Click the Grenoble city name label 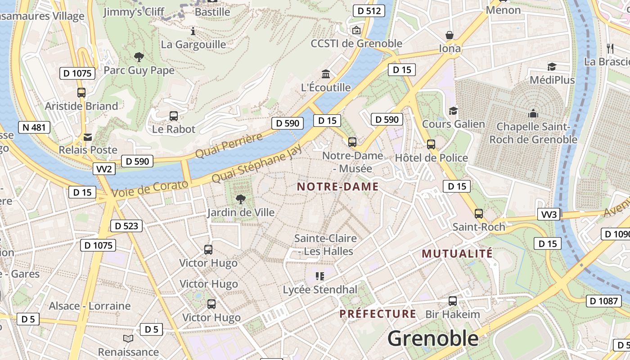click(433, 338)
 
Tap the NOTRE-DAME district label click(337, 187)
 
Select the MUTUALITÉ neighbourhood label click(457, 254)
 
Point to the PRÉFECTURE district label click(378, 314)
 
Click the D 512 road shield click(369, 11)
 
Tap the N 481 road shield click(34, 127)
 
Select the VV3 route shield click(549, 214)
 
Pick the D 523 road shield click(126, 226)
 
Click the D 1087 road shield click(603, 301)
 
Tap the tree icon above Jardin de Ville click(241, 199)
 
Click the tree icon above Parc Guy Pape click(139, 57)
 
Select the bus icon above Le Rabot click(174, 116)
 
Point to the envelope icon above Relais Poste click(87, 137)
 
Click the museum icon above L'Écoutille click(325, 74)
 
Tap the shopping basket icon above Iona click(449, 35)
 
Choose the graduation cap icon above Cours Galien click(453, 111)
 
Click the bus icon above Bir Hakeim click(453, 301)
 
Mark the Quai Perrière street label click(229, 146)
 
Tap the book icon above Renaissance click(128, 338)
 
